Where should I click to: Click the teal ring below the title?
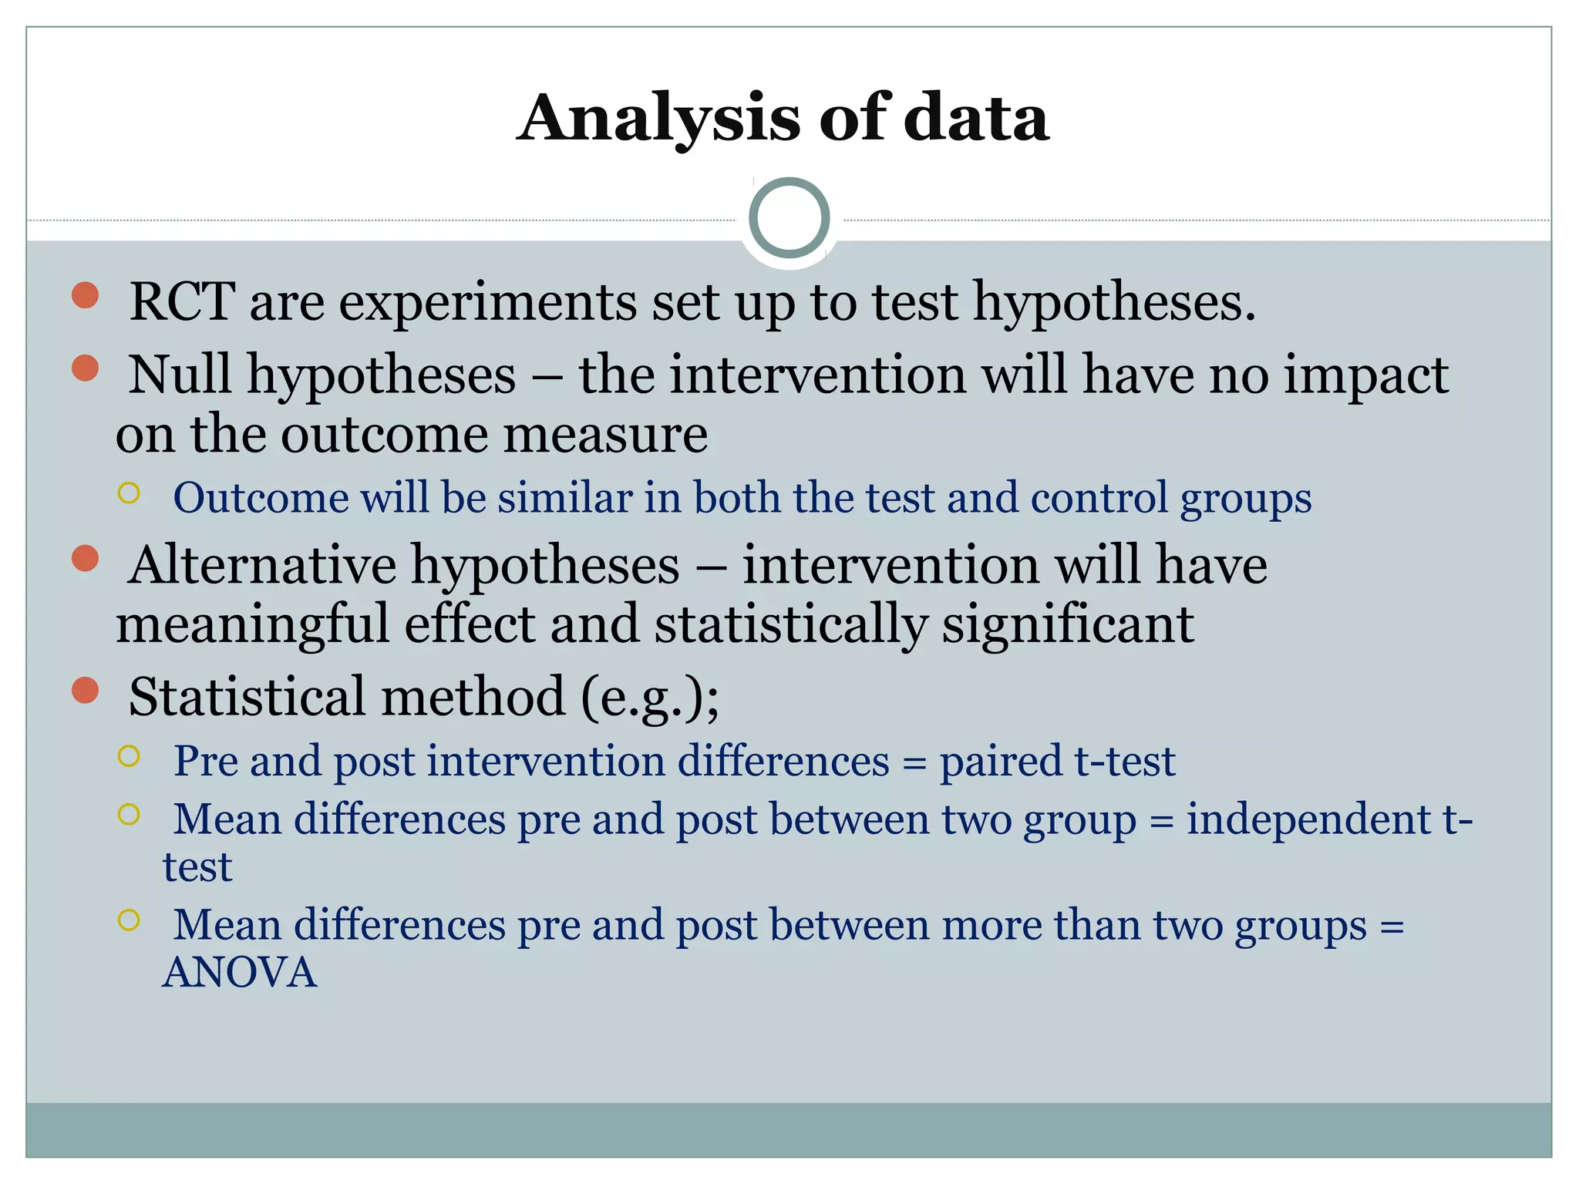click(789, 218)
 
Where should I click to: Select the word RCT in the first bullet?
click(182, 301)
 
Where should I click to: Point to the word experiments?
click(487, 301)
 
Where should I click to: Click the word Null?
click(180, 375)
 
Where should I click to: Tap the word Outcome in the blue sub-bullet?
click(261, 497)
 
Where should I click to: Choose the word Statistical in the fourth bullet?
click(247, 697)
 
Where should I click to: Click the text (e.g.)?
click(649, 697)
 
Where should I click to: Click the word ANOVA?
click(240, 972)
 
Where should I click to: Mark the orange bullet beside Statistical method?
click(85, 691)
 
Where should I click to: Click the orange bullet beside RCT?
click(85, 295)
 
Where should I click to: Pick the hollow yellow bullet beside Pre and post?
click(129, 756)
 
